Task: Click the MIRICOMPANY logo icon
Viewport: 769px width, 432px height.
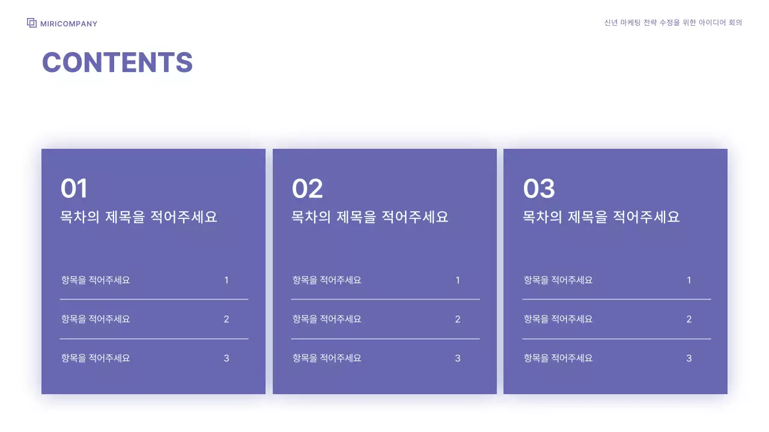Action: click(32, 23)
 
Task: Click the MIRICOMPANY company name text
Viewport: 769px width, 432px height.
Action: click(68, 24)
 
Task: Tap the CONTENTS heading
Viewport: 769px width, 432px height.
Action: click(117, 62)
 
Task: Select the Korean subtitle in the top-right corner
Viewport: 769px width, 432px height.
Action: click(673, 23)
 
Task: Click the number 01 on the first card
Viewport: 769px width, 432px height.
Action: click(74, 189)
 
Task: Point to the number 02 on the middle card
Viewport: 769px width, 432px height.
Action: click(307, 189)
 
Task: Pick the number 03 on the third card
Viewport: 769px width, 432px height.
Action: click(539, 189)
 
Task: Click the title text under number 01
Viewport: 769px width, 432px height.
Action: click(139, 217)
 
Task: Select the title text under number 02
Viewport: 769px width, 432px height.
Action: click(370, 217)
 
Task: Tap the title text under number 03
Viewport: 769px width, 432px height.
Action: click(601, 217)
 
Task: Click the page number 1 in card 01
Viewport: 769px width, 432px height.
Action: click(226, 280)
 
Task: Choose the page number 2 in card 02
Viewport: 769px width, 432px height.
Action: click(458, 319)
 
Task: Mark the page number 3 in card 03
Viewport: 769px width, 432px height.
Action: click(689, 358)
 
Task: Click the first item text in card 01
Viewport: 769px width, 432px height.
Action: click(96, 280)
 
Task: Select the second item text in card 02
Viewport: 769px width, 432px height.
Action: click(327, 319)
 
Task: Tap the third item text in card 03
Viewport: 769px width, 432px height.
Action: click(558, 358)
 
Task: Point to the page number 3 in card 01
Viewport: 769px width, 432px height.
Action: click(226, 358)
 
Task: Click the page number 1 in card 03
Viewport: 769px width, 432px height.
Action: click(689, 280)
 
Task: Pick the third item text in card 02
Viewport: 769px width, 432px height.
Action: click(327, 358)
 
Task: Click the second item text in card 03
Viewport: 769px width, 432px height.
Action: click(558, 319)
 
